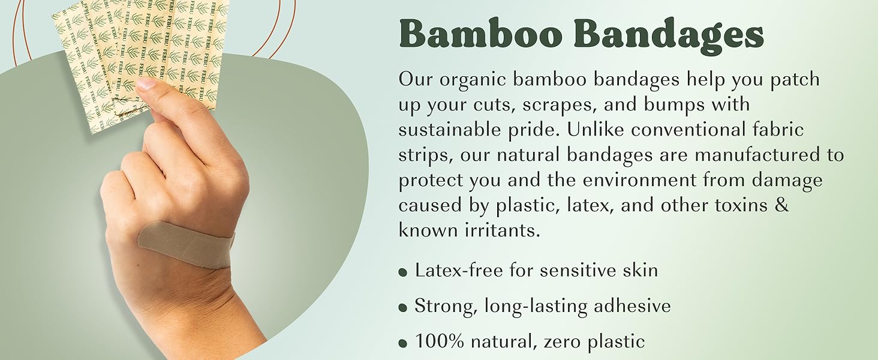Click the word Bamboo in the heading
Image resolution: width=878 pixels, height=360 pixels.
483,34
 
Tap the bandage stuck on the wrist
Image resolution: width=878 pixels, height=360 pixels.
187,245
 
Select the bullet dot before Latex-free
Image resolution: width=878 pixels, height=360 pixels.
402,272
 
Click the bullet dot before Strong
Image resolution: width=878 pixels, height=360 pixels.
402,307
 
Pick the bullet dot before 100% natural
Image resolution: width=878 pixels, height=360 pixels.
402,343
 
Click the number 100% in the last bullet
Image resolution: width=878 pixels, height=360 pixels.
439,341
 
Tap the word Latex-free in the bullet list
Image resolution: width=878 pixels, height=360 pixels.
459,270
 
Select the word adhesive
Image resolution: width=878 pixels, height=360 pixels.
632,305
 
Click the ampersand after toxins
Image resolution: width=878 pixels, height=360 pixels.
781,205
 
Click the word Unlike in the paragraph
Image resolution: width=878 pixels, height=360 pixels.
595,130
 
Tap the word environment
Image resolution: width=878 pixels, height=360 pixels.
640,180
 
